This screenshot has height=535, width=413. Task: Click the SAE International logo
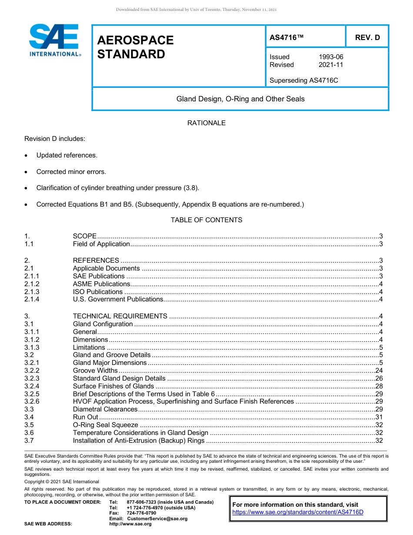click(x=54, y=40)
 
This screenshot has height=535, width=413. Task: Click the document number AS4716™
click(x=286, y=37)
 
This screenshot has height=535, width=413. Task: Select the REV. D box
click(x=367, y=37)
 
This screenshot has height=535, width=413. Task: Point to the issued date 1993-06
click(x=331, y=57)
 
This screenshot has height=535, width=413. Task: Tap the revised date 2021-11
click(x=331, y=65)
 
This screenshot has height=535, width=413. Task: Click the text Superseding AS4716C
click(x=304, y=80)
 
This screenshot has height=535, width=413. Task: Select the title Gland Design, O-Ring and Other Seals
click(x=240, y=99)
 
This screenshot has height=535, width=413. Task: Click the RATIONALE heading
click(x=206, y=123)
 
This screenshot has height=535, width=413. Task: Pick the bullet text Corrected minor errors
click(x=71, y=172)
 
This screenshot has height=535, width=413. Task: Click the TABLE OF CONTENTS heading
click(x=206, y=220)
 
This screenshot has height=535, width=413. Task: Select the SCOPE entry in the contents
click(x=84, y=236)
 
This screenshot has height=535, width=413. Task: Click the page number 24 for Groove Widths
click(x=379, y=371)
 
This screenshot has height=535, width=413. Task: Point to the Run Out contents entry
click(x=85, y=417)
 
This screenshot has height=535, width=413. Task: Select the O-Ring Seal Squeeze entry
click(x=105, y=425)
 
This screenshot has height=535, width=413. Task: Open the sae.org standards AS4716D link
click(x=298, y=512)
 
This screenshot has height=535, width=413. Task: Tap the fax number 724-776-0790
click(x=141, y=513)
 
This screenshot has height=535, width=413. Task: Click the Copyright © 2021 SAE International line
click(x=62, y=481)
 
